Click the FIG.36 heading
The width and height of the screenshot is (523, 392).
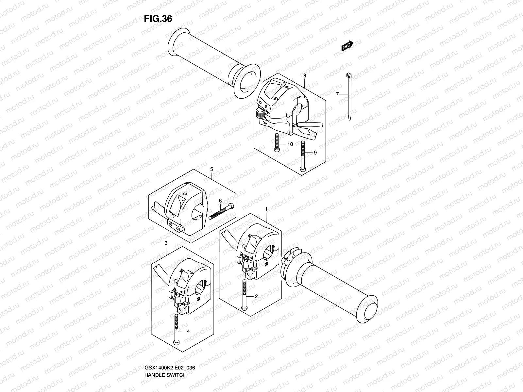(x=158, y=19)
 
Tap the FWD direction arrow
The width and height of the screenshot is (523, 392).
(x=347, y=46)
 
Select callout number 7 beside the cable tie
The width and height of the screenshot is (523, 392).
(x=337, y=94)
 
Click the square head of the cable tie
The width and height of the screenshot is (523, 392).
(x=349, y=75)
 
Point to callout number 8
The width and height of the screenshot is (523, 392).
(x=305, y=76)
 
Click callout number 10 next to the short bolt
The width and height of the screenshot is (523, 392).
(x=290, y=144)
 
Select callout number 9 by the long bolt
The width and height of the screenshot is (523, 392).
(x=315, y=153)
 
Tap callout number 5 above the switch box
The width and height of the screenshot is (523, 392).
(x=211, y=169)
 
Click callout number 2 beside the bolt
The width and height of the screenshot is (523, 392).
(x=256, y=297)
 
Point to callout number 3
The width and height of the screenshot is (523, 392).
(x=166, y=243)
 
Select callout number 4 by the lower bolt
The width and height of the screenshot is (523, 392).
(x=188, y=331)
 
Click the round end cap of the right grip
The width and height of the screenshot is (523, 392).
(x=367, y=307)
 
